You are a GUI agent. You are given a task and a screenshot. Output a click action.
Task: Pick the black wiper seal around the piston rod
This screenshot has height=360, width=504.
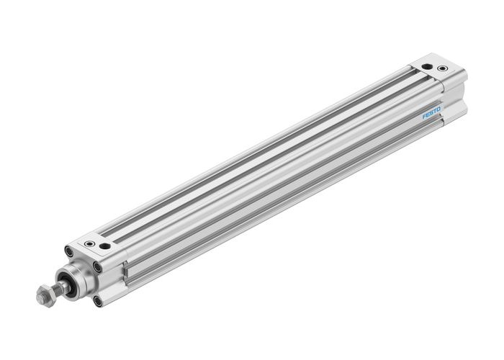(67, 282)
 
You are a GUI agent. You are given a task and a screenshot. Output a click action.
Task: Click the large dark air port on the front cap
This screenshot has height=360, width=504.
(106, 246)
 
